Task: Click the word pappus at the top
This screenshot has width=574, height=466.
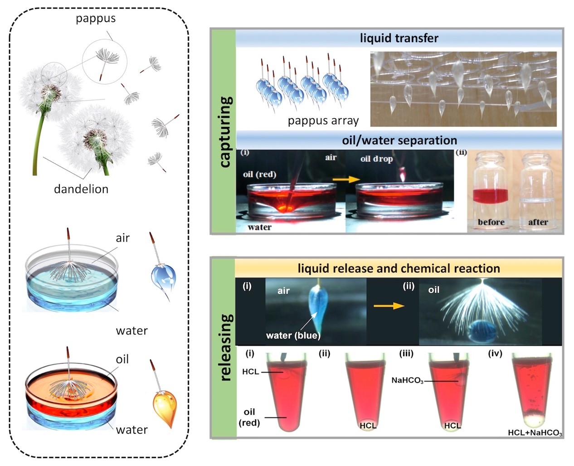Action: click(x=96, y=19)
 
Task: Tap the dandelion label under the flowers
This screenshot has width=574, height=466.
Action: click(x=81, y=189)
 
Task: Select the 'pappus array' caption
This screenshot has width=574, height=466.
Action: click(x=323, y=121)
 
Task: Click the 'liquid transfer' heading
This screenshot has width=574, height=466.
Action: click(x=399, y=38)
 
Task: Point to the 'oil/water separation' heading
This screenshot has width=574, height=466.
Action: click(x=399, y=140)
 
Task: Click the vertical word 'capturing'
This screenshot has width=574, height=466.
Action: click(x=225, y=131)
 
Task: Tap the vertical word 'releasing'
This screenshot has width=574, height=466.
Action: click(x=225, y=347)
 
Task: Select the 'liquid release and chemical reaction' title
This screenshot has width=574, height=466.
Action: click(x=399, y=268)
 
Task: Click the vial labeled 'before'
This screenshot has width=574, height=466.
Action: click(x=491, y=190)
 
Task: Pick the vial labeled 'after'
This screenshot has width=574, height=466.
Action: click(x=538, y=190)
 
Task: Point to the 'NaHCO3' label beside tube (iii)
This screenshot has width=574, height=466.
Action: click(x=407, y=380)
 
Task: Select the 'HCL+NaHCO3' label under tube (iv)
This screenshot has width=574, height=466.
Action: click(x=535, y=432)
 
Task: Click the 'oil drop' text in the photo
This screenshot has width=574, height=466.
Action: click(x=376, y=159)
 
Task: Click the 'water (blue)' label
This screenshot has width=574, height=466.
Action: click(x=293, y=335)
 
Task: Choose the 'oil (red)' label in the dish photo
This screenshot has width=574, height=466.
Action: click(x=259, y=175)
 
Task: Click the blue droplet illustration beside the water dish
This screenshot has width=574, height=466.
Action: click(x=164, y=277)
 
